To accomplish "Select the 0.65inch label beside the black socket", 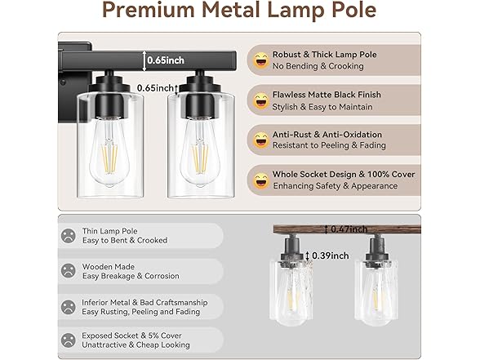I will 157,87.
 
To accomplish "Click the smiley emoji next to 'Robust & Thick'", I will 261,60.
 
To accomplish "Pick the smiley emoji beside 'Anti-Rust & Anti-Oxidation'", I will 261,140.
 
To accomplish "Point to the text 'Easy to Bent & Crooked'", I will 124,241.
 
